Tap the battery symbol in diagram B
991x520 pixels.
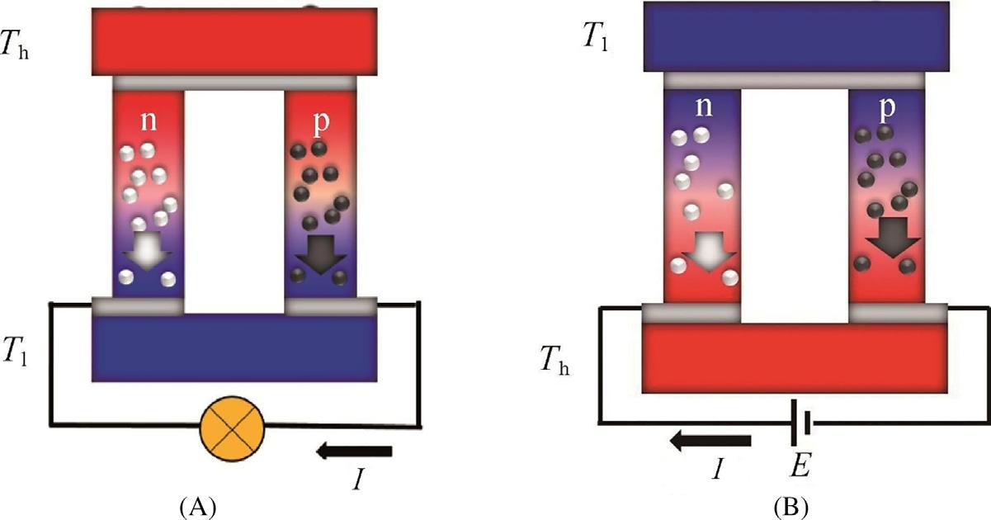tap(797, 423)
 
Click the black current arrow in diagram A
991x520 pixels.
tap(354, 451)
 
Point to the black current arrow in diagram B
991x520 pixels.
tap(710, 442)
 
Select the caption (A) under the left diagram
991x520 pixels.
tap(197, 503)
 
